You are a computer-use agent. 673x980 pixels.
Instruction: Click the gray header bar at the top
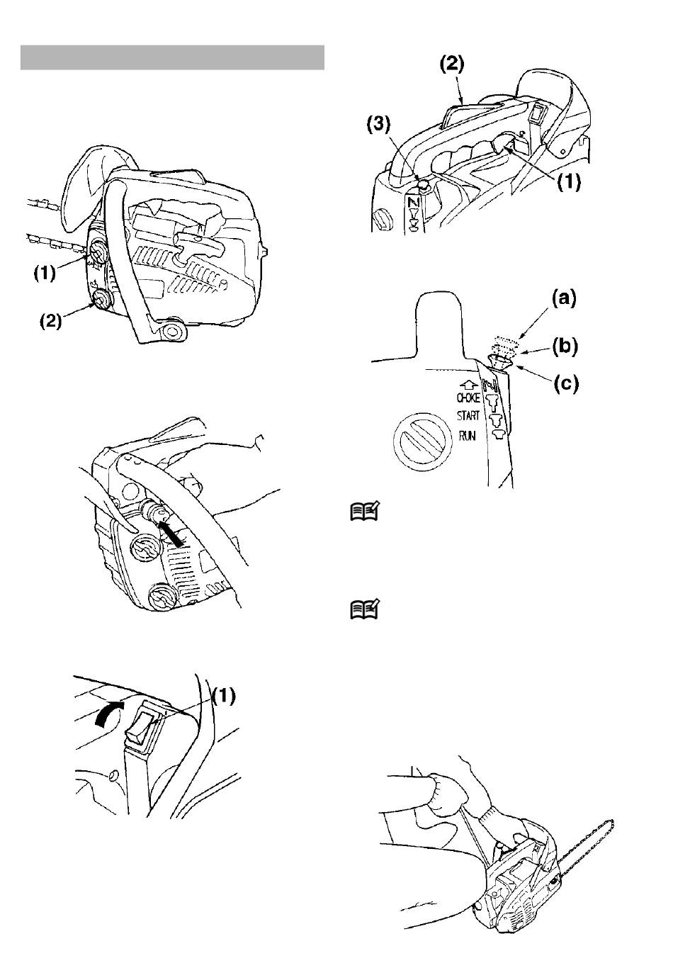[172, 57]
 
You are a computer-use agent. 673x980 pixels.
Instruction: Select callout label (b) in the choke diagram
[565, 346]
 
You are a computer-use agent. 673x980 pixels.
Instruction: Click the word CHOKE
[468, 398]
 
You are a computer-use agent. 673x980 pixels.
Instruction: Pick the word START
[468, 415]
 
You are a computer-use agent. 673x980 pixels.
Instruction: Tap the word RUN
[467, 436]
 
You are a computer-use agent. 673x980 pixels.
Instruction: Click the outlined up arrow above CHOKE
[468, 385]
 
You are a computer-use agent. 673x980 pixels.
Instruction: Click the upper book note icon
[365, 511]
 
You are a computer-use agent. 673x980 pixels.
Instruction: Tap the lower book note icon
[365, 609]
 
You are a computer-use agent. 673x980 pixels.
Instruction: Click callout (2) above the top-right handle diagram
[452, 64]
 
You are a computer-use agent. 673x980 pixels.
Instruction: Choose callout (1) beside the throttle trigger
[569, 181]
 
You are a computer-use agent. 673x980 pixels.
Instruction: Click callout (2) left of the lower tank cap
[51, 322]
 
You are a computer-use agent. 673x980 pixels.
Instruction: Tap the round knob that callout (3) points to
[422, 186]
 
